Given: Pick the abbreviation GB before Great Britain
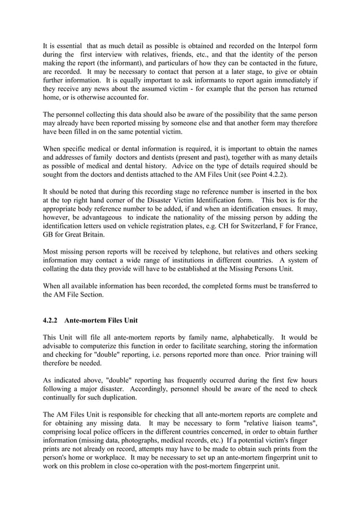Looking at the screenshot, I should click(x=50, y=234).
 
